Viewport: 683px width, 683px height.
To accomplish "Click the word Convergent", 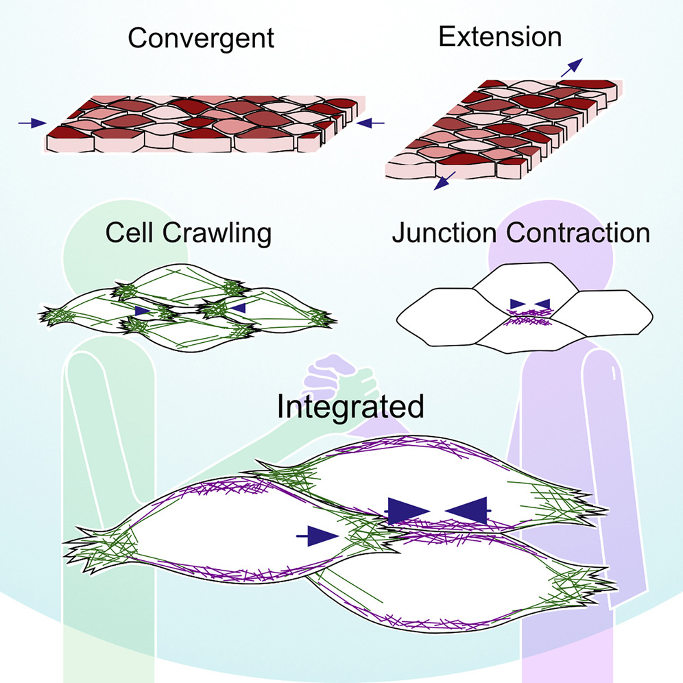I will (201, 38).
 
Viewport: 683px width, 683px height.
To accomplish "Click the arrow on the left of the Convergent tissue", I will (32, 123).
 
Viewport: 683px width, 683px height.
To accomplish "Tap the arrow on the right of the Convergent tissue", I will (371, 123).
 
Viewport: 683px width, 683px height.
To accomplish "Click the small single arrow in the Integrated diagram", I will (317, 535).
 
